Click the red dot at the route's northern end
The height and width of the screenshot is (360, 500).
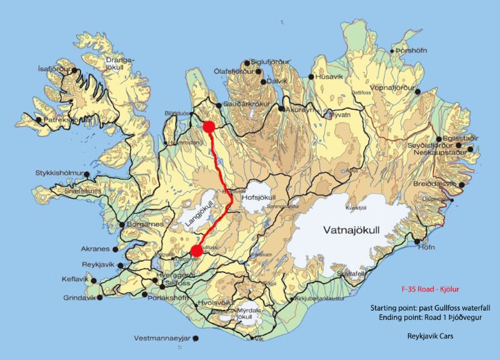(x=209, y=126)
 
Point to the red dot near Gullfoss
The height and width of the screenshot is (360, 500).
(x=196, y=251)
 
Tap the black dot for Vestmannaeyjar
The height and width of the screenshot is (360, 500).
(x=196, y=339)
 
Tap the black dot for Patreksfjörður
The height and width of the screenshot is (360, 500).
(x=39, y=119)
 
